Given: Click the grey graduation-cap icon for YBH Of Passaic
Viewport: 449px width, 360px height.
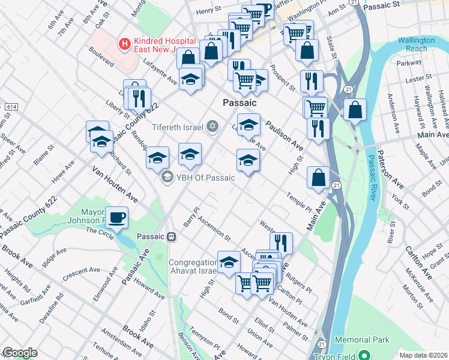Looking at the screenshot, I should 166,176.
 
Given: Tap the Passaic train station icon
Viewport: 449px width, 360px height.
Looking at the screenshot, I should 172,236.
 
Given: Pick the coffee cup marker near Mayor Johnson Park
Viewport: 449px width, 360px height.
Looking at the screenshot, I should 116,217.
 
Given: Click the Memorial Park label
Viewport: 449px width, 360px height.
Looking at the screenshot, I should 362,340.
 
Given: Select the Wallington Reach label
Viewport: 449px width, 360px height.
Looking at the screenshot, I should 416,44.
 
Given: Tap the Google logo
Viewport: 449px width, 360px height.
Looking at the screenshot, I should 19,353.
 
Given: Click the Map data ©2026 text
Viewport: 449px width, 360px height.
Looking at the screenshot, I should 424,355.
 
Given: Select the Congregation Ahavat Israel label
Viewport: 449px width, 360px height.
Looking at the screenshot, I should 192,268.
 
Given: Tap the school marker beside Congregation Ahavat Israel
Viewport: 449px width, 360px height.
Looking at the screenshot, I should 229,262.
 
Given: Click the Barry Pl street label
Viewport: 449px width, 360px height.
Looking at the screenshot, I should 195,215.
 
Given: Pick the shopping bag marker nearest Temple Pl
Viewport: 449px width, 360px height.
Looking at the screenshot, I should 318,178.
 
